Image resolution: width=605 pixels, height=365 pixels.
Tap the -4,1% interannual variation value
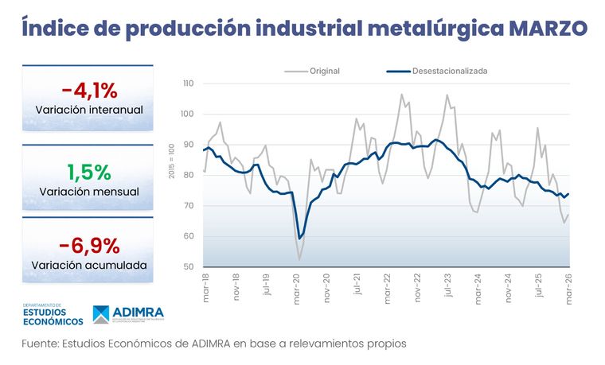(88, 88)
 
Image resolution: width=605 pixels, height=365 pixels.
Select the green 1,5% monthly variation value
(88, 171)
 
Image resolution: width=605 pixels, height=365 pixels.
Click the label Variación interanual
(88, 109)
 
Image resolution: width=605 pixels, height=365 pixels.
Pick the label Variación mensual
(88, 192)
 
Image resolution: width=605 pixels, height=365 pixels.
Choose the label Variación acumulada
(88, 265)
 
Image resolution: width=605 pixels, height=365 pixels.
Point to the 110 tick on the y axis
(188, 83)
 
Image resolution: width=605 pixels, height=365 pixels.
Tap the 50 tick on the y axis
(188, 267)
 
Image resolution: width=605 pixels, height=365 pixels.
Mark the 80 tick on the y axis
(188, 175)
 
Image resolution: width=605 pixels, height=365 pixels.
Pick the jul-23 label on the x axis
(449, 285)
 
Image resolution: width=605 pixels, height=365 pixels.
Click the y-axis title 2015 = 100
(172, 161)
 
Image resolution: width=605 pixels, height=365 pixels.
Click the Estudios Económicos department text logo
(52, 316)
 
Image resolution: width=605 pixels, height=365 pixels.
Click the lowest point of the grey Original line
(299, 259)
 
